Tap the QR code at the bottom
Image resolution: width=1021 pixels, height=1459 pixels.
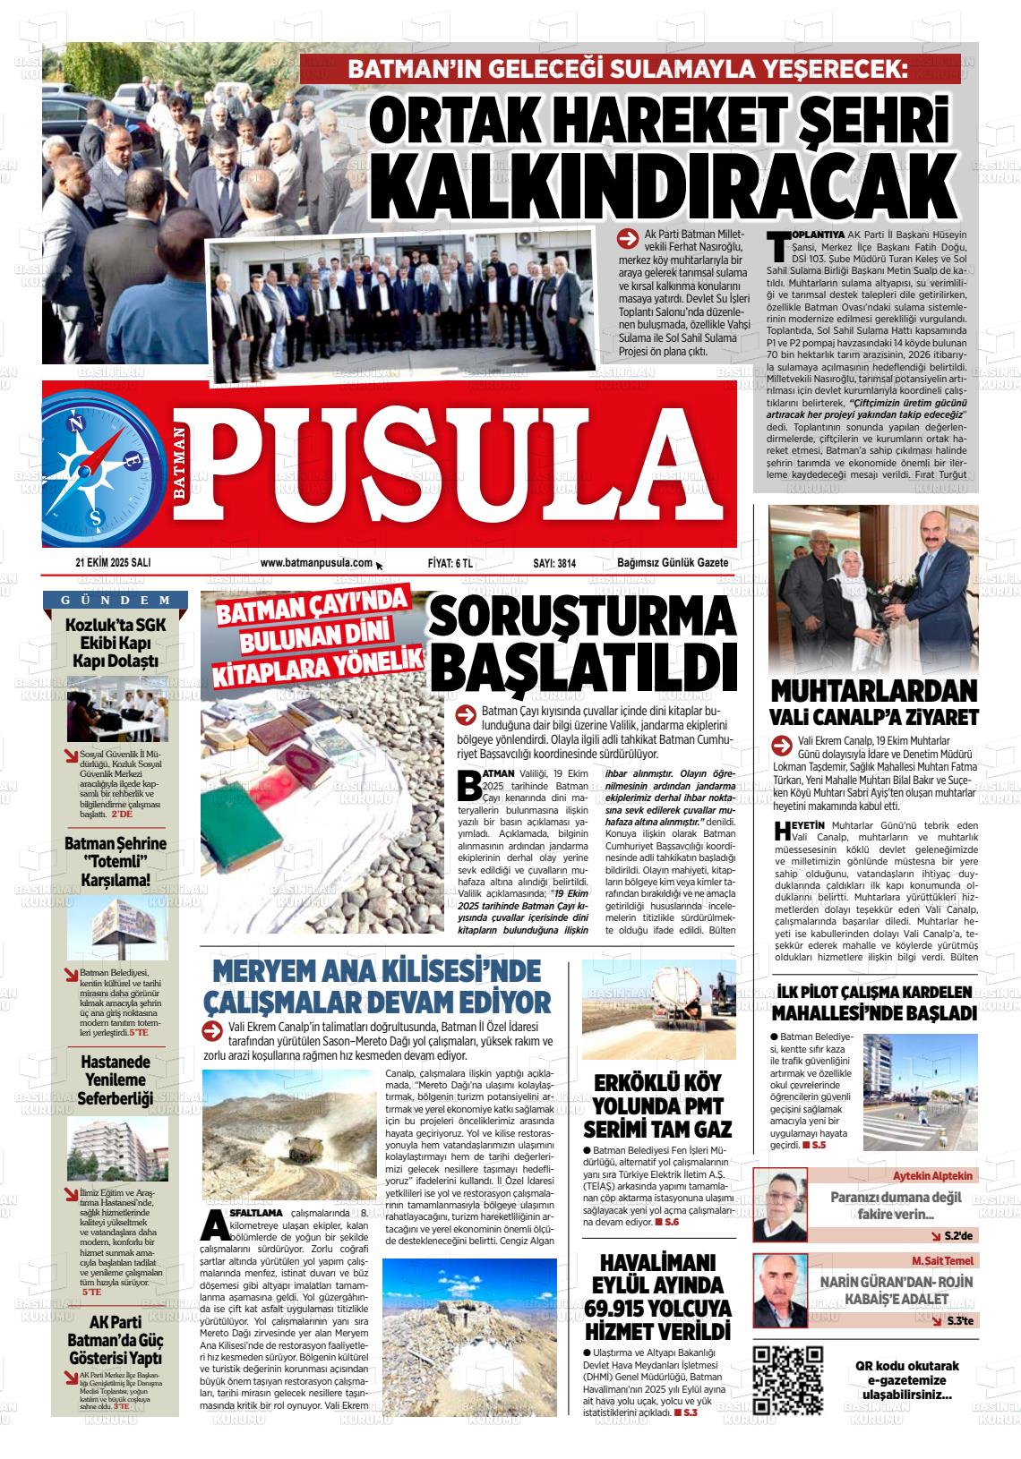point(788,1378)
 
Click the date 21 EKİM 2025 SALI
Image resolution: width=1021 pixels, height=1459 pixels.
point(113,563)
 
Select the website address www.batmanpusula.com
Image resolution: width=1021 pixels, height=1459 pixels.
point(316,563)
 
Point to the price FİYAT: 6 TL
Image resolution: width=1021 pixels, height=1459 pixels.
point(450,563)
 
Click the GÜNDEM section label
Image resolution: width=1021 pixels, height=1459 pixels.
point(115,600)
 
